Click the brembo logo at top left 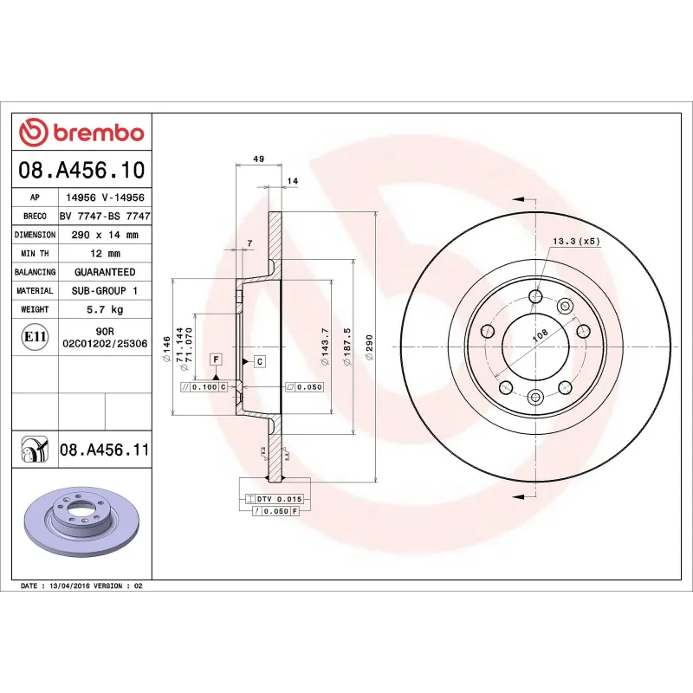pos(81,133)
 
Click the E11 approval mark pos(35,336)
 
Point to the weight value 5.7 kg pos(105,309)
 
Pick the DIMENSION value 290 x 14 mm pos(105,235)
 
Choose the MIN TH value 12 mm pos(105,254)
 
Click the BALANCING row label pos(35,272)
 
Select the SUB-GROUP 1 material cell pos(105,291)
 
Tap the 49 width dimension pos(258,159)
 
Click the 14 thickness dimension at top pos(292,180)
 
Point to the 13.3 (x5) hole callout pos(575,242)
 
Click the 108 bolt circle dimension pos(540,334)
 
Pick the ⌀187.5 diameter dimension pos(347,346)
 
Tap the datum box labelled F pos(216,358)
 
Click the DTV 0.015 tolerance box pos(272,500)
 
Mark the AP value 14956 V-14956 pos(105,198)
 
